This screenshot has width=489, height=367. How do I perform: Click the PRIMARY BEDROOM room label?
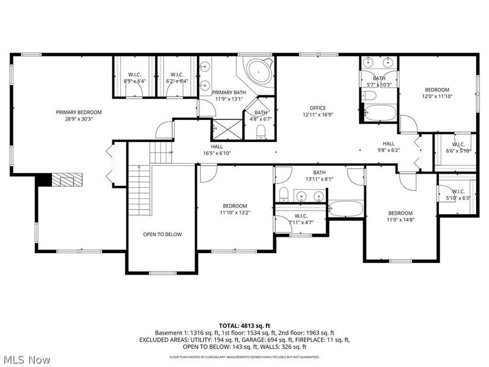pos(79,112)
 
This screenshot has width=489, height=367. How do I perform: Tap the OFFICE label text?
pos(317,108)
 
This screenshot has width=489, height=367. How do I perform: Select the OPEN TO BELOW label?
pos(163,234)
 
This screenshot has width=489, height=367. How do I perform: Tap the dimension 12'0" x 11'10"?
pos(437,97)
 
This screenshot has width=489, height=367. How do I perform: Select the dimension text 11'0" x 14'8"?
pos(400,220)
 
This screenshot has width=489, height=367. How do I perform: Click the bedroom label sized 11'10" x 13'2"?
pos(235,206)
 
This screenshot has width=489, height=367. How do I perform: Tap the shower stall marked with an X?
pos(219,129)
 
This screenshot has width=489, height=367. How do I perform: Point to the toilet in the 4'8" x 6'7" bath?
pos(261,132)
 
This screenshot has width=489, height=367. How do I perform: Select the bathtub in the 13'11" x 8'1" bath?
pos(346,209)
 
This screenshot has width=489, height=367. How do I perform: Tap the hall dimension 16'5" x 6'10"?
pos(217,154)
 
